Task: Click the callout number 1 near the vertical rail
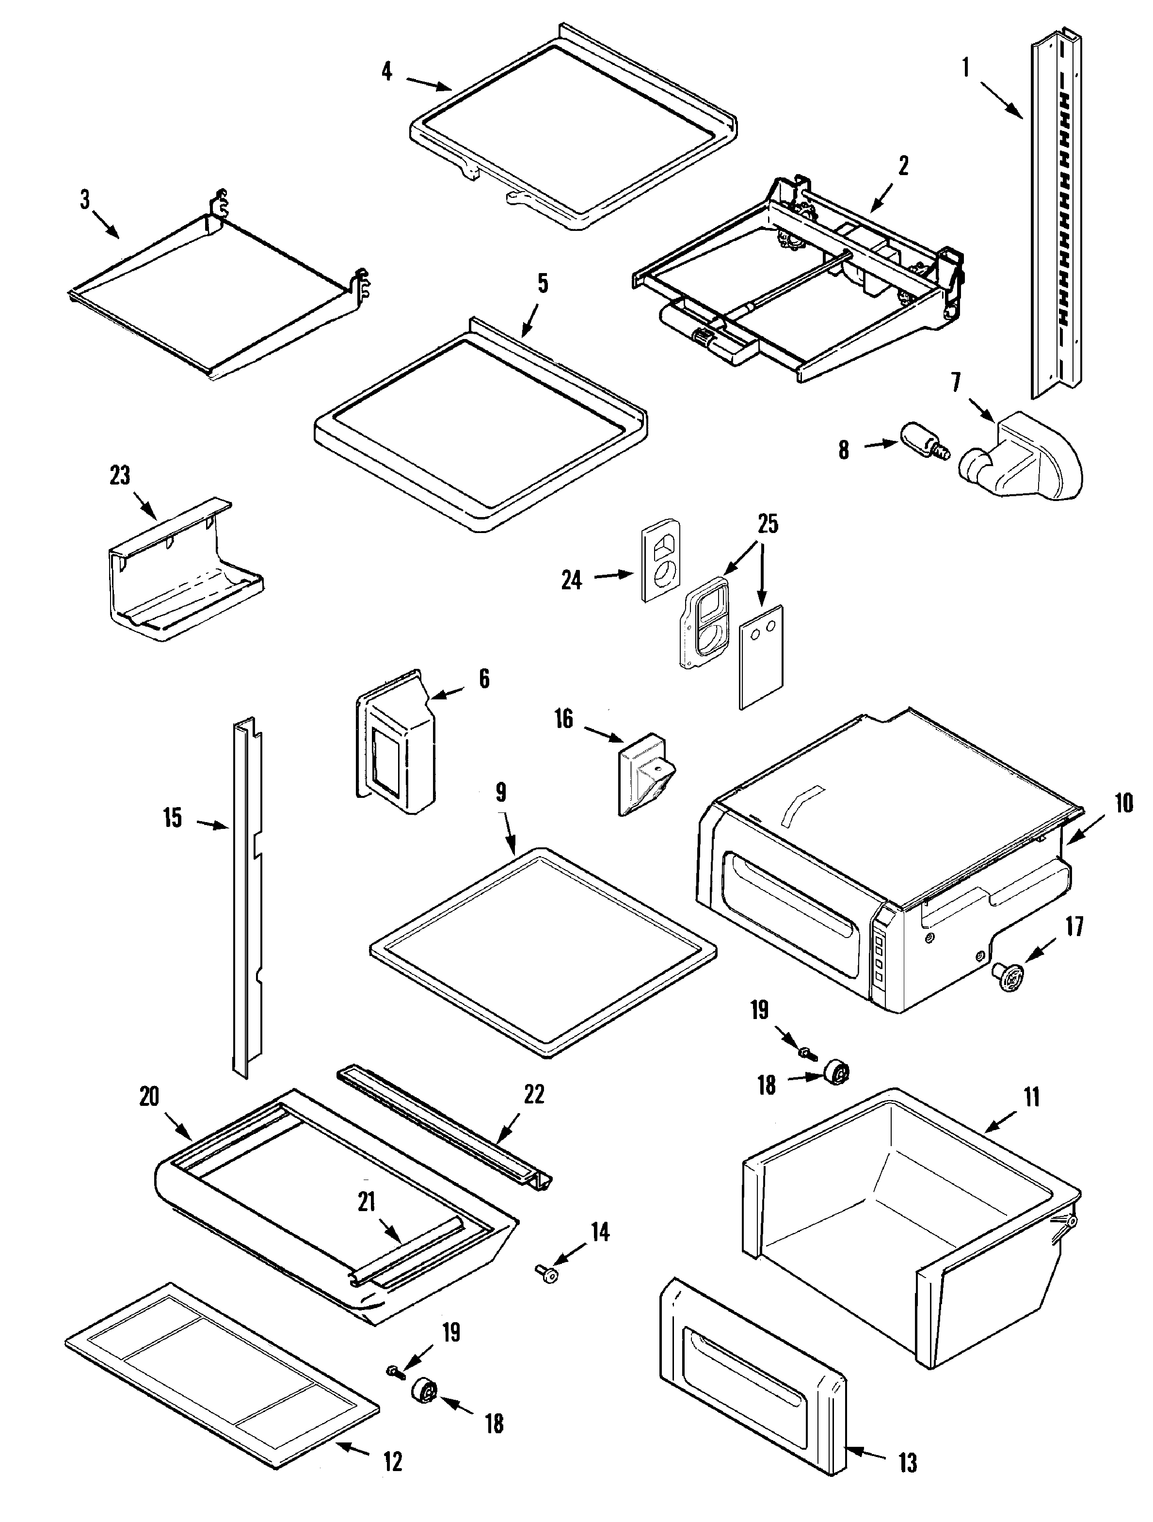click(966, 69)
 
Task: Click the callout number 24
click(571, 580)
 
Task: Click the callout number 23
click(120, 475)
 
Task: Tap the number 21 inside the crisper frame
click(366, 1201)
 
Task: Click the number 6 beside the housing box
click(484, 679)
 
